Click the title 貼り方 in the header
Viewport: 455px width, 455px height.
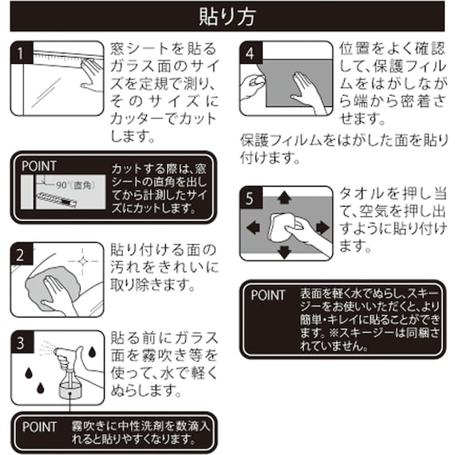(x=227, y=15)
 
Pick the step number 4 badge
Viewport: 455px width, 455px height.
(x=251, y=53)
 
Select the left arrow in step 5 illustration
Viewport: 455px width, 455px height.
(x=252, y=227)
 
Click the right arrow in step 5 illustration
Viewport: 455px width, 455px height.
(x=322, y=227)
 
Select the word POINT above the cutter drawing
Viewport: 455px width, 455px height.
(x=40, y=166)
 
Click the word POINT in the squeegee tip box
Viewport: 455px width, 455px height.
(x=267, y=295)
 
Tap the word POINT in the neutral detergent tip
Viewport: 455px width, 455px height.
(x=39, y=427)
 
